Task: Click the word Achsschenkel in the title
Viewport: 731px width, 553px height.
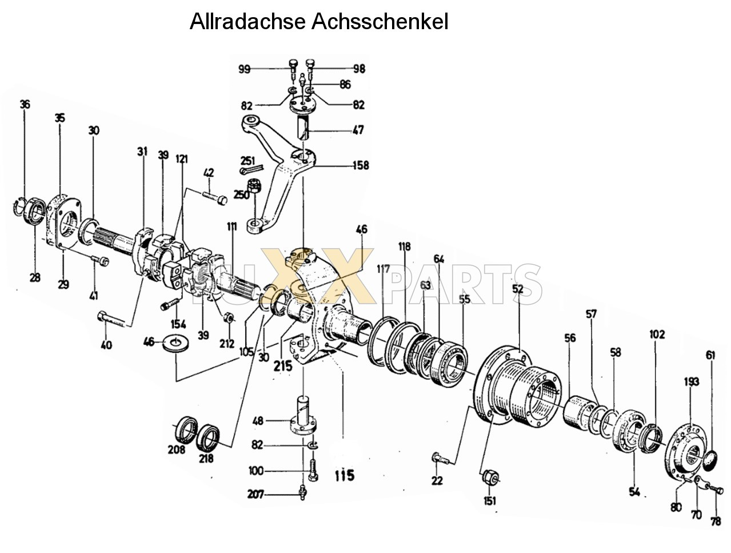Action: point(380,22)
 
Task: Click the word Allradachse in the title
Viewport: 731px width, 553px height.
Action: point(249,22)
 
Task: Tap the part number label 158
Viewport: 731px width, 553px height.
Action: point(361,165)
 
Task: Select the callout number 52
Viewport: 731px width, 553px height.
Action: point(517,289)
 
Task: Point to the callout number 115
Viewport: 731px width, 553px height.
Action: point(345,475)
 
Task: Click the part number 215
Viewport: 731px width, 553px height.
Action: point(282,366)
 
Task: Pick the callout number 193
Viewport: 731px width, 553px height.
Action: point(692,382)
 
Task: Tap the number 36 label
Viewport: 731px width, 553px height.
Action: point(25,104)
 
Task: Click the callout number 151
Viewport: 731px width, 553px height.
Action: point(490,501)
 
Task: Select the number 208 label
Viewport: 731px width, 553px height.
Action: point(177,450)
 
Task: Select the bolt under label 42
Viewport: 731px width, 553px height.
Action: point(215,197)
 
